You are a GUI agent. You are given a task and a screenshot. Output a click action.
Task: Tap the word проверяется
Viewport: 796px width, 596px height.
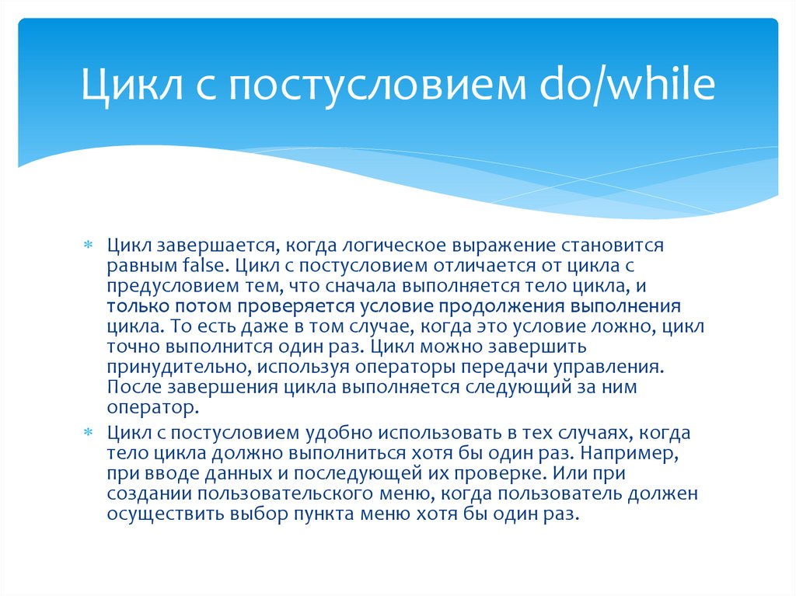(276, 305)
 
